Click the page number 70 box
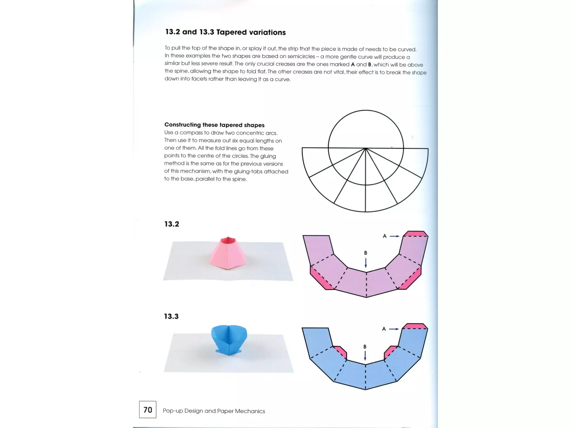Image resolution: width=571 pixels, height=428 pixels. (148, 410)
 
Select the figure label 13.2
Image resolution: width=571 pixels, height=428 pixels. (172, 224)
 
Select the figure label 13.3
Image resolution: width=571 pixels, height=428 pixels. (171, 316)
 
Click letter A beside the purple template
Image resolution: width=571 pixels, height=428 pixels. (384, 236)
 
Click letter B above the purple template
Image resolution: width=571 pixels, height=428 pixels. (366, 253)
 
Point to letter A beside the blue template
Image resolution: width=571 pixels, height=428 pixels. (384, 329)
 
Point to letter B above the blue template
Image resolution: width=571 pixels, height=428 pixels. (365, 347)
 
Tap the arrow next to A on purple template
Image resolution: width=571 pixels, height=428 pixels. (394, 236)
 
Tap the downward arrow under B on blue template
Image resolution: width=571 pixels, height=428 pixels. (365, 356)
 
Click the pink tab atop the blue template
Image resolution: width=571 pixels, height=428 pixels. (415, 326)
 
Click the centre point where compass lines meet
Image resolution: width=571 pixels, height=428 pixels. (366, 149)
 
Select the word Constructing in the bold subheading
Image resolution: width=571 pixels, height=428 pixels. (182, 125)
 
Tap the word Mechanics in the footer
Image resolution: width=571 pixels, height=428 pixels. (250, 411)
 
